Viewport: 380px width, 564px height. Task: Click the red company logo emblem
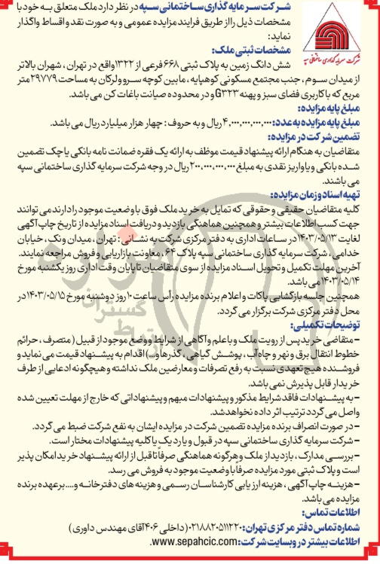tap(339, 33)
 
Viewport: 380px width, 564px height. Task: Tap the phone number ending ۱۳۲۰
tap(238, 528)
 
